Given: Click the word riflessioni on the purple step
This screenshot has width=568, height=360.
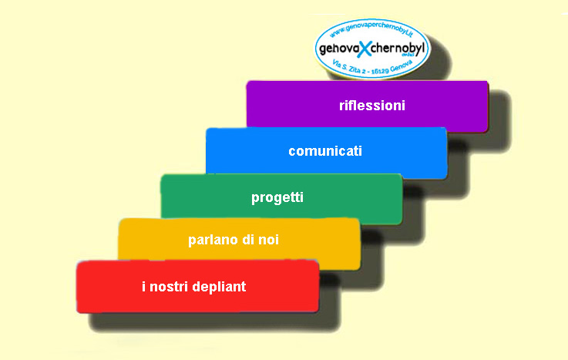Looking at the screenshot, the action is point(372,106).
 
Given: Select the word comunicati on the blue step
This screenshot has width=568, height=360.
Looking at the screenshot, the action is point(325,151).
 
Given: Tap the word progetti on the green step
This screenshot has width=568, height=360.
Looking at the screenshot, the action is point(277,198).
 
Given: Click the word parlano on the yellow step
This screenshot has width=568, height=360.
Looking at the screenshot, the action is point(213,240).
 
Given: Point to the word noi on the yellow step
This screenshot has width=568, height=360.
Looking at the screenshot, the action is point(268,240).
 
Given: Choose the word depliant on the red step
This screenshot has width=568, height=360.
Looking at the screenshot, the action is point(219,287).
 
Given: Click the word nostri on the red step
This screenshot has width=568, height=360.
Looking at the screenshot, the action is point(169,287).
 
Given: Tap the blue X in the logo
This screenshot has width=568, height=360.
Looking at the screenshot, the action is point(365,49).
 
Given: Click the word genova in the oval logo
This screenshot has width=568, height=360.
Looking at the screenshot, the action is point(338,49).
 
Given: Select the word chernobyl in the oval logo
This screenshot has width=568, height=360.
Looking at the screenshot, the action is point(398,47).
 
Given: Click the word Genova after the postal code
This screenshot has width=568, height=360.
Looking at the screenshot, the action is point(402,66).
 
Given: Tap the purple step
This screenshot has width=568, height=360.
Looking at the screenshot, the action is point(368,106).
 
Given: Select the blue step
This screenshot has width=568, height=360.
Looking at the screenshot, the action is point(326,153).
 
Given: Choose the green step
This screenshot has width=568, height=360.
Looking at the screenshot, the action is point(281,199).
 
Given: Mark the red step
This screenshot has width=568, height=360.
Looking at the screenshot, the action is point(198,286).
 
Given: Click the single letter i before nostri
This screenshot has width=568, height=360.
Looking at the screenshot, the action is point(144,287).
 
